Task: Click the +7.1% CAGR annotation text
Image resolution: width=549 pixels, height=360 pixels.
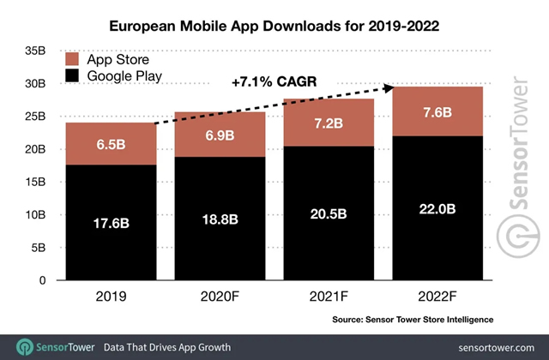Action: tap(272, 83)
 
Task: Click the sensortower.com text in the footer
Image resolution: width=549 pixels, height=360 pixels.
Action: tap(490, 346)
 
